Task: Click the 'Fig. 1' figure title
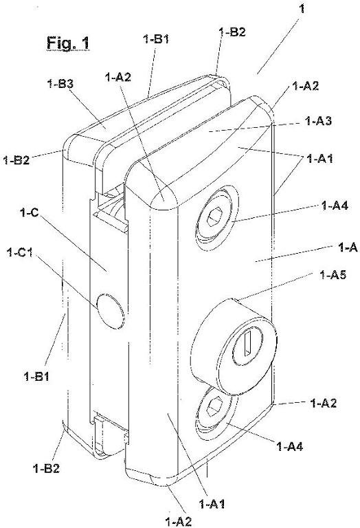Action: pos(68,43)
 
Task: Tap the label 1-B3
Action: pos(60,84)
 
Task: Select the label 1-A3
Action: pos(318,120)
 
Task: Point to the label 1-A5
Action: pos(333,275)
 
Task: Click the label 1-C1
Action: pos(20,252)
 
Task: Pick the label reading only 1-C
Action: pos(30,212)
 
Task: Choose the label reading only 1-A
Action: pos(347,247)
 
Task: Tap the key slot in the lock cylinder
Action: pos(248,343)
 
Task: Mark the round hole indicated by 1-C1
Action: pos(110,311)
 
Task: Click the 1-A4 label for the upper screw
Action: pos(335,205)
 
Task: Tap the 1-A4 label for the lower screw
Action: pos(290,446)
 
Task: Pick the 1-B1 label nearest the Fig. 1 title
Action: pos(156,39)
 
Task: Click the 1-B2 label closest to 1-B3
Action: pos(16,159)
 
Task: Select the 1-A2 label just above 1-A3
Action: pos(306,86)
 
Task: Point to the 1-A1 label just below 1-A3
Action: pos(319,158)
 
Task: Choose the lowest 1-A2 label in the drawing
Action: pos(179,522)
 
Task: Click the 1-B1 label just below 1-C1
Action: pos(36,376)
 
